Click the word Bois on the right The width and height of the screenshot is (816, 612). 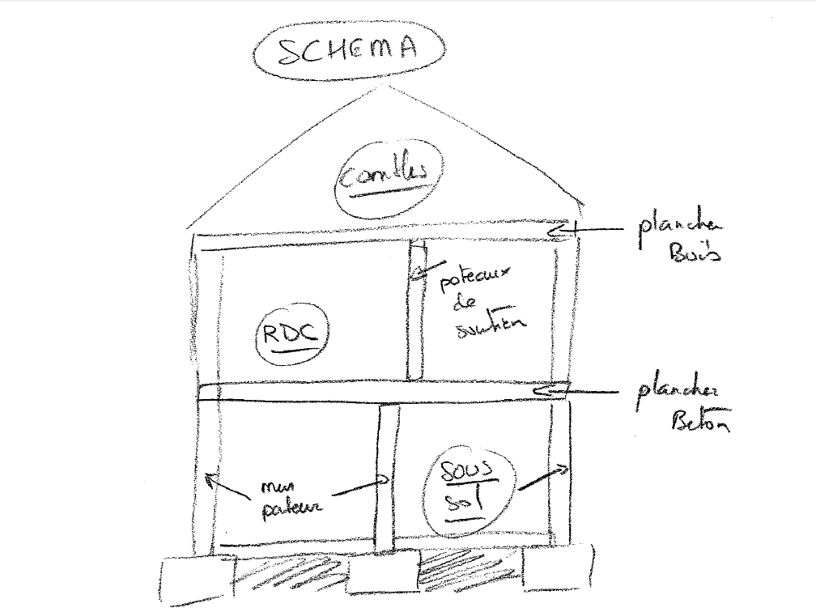(695, 253)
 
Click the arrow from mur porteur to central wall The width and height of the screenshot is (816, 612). (356, 489)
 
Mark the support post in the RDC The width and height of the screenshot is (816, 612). (416, 312)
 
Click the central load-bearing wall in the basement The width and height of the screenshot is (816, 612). (385, 478)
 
